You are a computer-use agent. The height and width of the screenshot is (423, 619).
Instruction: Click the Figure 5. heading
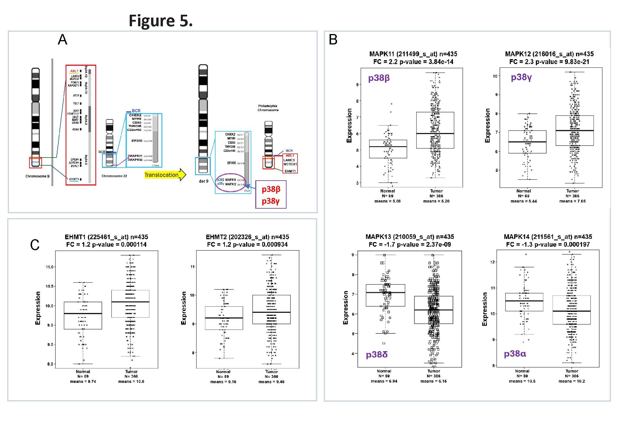click(161, 21)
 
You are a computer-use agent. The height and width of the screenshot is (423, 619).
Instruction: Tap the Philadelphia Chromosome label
click(268, 108)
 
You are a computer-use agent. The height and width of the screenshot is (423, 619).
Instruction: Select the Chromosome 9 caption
click(37, 176)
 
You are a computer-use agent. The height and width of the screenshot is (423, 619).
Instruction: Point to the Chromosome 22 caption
click(114, 176)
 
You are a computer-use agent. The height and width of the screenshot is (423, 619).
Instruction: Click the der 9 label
click(203, 181)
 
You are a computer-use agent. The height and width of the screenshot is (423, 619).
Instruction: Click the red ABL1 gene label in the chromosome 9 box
click(74, 71)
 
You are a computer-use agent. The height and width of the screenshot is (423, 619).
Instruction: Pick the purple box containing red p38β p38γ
click(271, 194)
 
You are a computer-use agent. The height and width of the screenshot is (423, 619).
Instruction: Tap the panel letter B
click(333, 40)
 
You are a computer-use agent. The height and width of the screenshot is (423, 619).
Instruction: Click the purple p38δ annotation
click(376, 355)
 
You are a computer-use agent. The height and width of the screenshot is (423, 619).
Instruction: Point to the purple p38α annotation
click(515, 354)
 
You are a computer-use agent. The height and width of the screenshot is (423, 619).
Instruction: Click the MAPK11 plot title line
click(413, 54)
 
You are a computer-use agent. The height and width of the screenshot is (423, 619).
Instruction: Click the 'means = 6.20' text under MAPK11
click(436, 201)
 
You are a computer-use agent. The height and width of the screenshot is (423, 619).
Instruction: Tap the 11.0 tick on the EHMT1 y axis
click(49, 267)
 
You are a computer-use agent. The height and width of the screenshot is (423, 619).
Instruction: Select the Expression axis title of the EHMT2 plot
click(183, 308)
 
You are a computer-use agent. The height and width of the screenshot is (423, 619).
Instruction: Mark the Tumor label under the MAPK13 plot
click(434, 371)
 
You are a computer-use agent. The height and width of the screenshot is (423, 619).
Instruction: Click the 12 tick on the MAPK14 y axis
click(492, 262)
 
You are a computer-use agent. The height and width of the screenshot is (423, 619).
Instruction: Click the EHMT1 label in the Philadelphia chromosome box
click(290, 171)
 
